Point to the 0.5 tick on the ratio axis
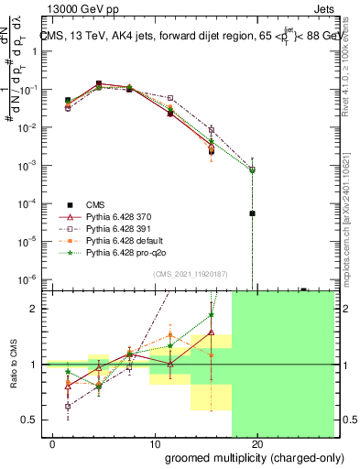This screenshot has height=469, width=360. [30, 420]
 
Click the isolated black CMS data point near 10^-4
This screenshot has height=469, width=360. [252, 213]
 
